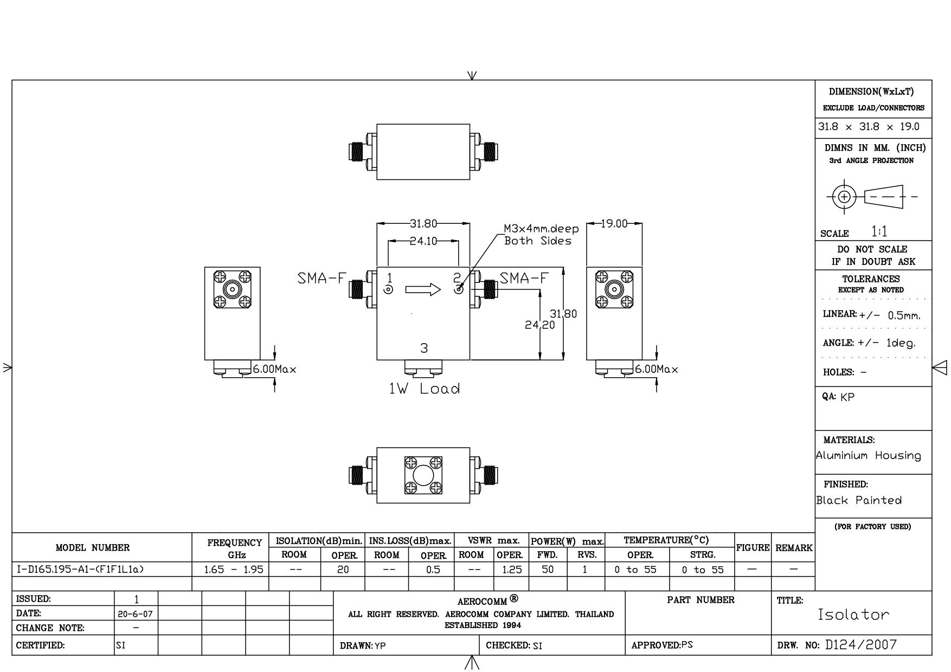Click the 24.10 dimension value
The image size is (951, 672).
click(x=423, y=241)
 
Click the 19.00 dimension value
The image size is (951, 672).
click(x=614, y=224)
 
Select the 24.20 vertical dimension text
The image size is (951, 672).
click(x=539, y=325)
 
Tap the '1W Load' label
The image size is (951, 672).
click(x=425, y=389)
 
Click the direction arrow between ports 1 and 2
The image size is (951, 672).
click(x=423, y=289)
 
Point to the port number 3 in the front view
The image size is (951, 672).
click(x=424, y=348)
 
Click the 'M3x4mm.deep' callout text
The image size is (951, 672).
click(x=541, y=229)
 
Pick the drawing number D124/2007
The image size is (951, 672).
click(x=861, y=645)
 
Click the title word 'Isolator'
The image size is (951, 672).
click(x=853, y=615)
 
